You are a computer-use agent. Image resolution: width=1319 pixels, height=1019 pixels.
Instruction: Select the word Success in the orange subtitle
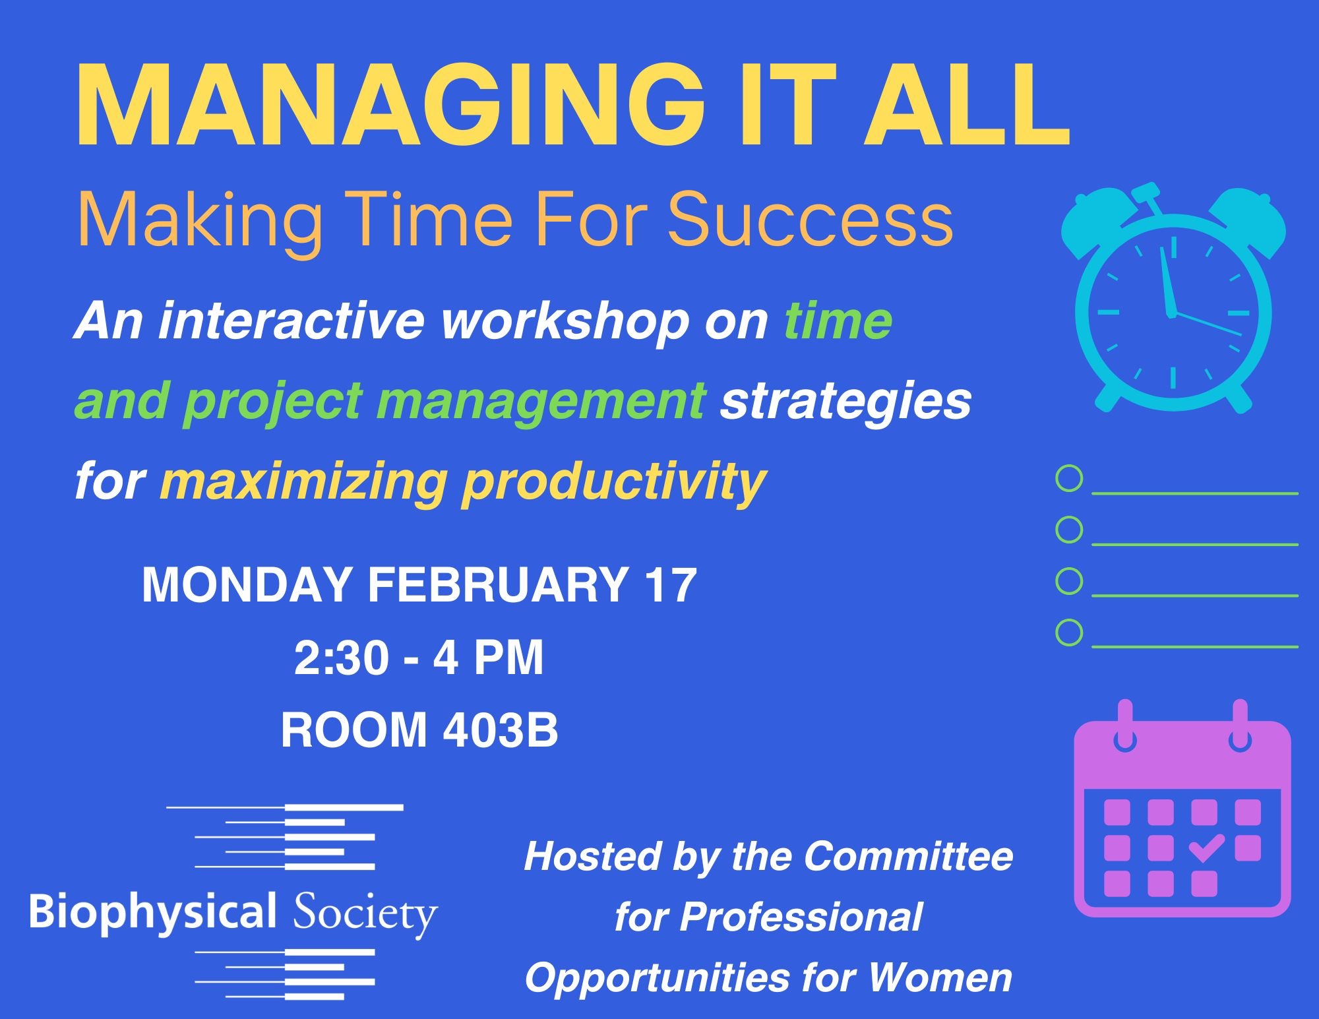(x=811, y=220)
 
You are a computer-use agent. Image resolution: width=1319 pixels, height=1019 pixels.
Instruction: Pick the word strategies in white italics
(x=846, y=402)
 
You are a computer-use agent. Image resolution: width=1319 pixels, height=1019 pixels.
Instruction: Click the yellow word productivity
(x=614, y=481)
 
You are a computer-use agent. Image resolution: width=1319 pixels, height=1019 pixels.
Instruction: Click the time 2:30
(x=341, y=658)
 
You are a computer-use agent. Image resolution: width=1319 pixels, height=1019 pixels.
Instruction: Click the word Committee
(x=908, y=856)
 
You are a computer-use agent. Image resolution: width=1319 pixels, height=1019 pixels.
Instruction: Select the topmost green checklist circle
(x=1069, y=478)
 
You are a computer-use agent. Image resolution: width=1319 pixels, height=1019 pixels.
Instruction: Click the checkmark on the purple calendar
(x=1206, y=848)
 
